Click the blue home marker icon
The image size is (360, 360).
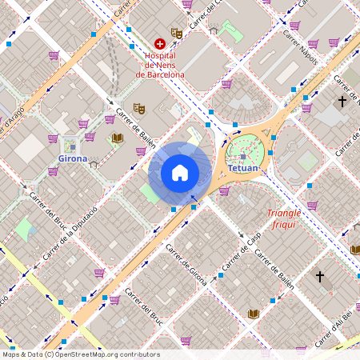click(180, 173)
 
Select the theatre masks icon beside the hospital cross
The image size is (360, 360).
click(177, 33)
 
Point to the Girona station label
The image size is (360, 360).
click(73, 158)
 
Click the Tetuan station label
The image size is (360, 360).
click(243, 169)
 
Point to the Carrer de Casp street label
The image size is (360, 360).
click(242, 253)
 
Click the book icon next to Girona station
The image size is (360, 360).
click(118, 138)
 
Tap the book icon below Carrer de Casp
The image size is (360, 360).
click(254, 314)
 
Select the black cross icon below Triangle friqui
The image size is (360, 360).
click(320, 277)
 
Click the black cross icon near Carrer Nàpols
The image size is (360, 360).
click(342, 102)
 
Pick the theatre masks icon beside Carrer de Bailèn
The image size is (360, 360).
click(138, 107)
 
